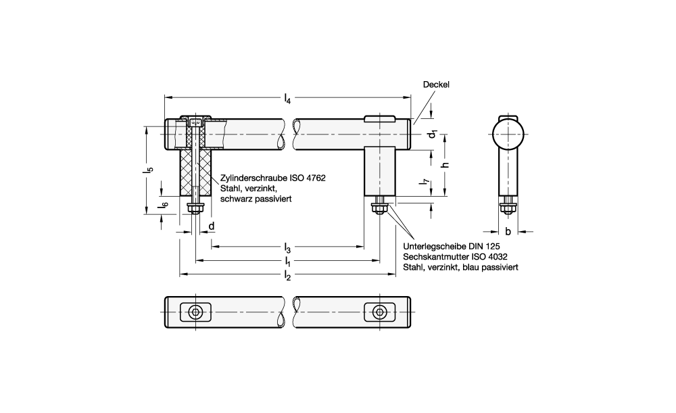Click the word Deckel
coord(436,84)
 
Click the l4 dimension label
coord(287,99)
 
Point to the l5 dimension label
coord(149,170)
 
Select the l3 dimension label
coord(287,248)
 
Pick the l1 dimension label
coord(287,261)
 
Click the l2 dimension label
coord(287,275)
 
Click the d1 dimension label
coord(433,135)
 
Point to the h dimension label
coord(446,165)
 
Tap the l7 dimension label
coord(425,184)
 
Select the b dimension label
coord(508,231)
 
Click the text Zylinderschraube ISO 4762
coord(273,178)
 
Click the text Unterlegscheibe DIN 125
coord(452,247)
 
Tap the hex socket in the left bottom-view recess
coord(196,312)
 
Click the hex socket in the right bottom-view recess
coord(380,311)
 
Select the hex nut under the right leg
coord(380,210)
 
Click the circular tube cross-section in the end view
coord(508,135)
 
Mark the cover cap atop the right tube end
coord(379,118)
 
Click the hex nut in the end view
coord(508,210)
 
